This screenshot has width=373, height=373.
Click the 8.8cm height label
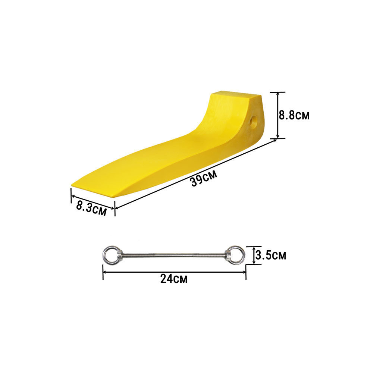click(x=294, y=115)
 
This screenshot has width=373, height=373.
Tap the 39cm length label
click(x=204, y=178)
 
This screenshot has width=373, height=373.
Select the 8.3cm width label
click(x=91, y=208)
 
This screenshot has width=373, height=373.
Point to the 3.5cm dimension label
click(x=271, y=256)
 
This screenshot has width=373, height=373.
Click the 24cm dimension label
click(x=174, y=279)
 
